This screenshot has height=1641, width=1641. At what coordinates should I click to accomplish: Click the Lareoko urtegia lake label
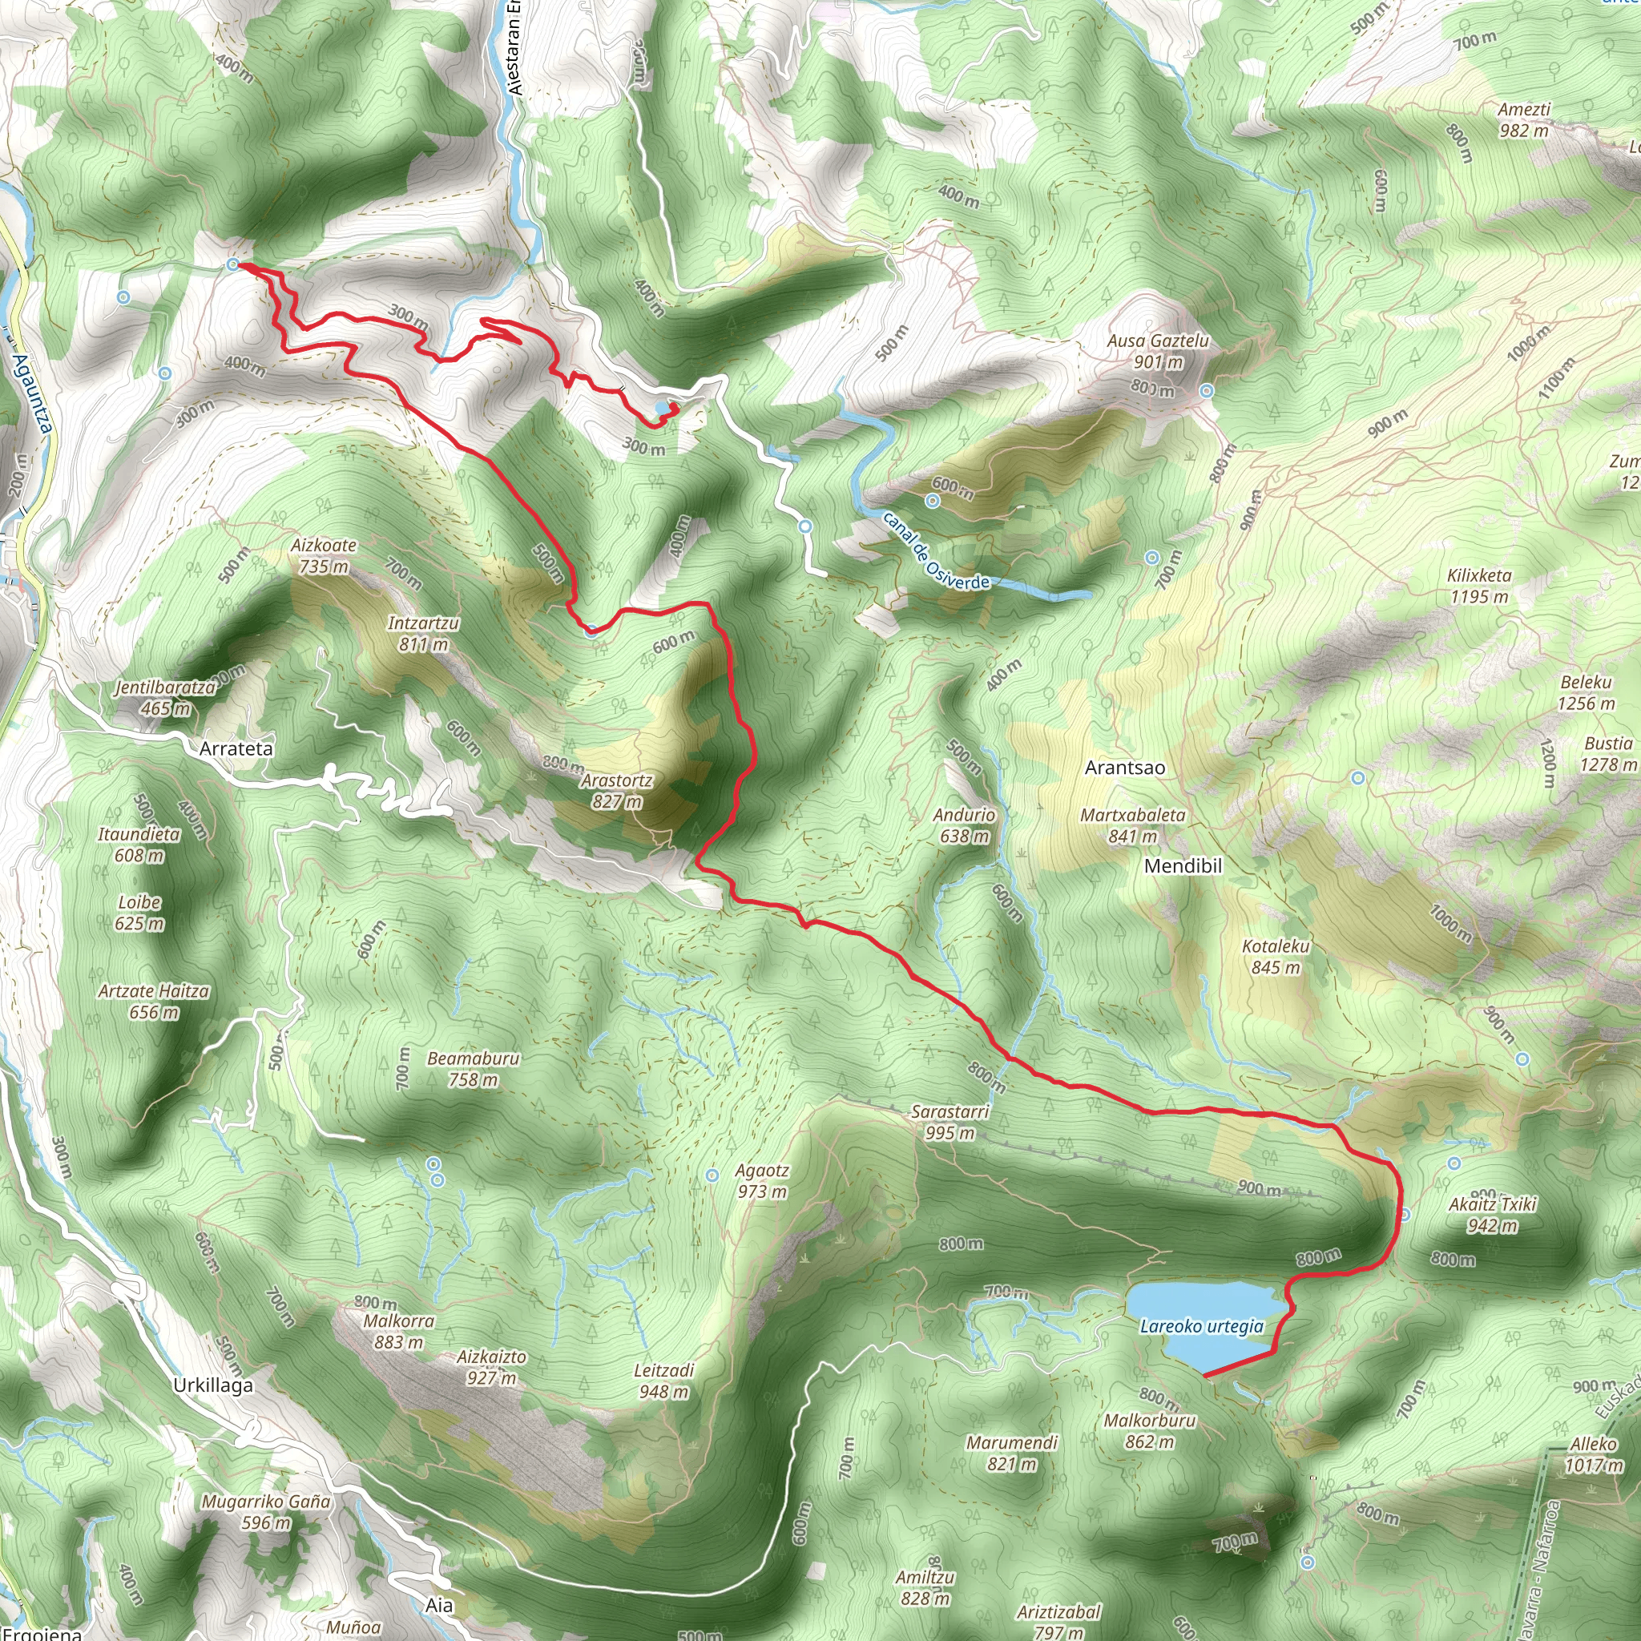click(x=1201, y=1326)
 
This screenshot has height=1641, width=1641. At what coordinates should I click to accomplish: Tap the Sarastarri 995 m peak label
click(x=950, y=1121)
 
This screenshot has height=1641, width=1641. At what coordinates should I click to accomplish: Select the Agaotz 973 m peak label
click(x=762, y=1180)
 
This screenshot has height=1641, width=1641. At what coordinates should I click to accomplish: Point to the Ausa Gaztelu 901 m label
click(x=1157, y=351)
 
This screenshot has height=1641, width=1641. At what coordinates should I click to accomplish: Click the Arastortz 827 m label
click(x=617, y=791)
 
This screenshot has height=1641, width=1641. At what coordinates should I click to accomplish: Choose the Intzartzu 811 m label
click(x=423, y=634)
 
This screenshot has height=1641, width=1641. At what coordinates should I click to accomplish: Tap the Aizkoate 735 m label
click(x=324, y=555)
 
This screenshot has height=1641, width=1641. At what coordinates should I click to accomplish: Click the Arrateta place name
click(x=236, y=748)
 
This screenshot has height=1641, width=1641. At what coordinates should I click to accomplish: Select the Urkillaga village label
click(x=212, y=1385)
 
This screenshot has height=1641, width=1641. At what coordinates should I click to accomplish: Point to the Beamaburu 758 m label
click(x=473, y=1069)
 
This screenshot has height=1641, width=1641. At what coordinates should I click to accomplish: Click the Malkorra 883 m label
click(x=398, y=1331)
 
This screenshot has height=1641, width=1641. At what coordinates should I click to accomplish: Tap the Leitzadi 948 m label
click(x=664, y=1381)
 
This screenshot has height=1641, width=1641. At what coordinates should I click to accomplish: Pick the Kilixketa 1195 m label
click(x=1479, y=585)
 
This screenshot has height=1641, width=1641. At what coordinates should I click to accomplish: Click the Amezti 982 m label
click(x=1524, y=119)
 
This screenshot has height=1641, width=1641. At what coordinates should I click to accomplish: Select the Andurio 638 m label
click(x=964, y=825)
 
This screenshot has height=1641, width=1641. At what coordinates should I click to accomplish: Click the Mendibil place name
click(x=1183, y=865)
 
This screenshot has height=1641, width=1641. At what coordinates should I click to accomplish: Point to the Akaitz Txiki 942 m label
click(x=1492, y=1215)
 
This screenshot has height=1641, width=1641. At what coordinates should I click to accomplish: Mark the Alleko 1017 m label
click(x=1594, y=1454)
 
